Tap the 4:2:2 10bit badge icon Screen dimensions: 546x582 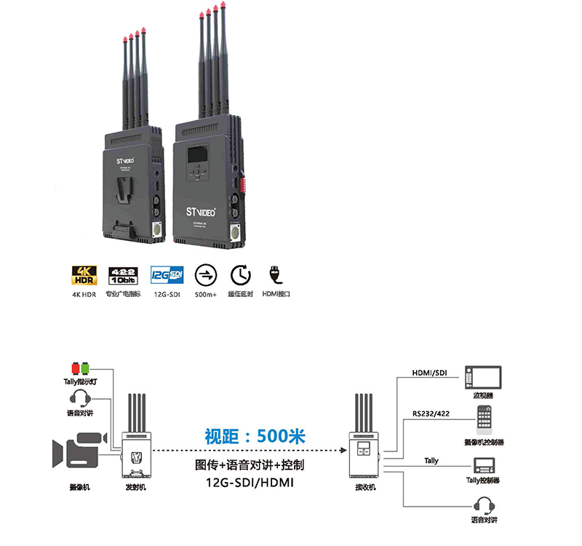pos(121,275)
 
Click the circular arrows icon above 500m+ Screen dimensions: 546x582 pos(206,275)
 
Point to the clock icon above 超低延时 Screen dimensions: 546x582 pos(240,275)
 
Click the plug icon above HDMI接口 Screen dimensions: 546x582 pos(277,275)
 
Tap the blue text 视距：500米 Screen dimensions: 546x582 pos(254,437)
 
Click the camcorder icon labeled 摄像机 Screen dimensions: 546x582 pos(76,451)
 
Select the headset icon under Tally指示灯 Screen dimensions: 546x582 pos(81,399)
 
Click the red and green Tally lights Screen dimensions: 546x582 pos(80,366)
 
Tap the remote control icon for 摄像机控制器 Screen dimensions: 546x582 pos(484,420)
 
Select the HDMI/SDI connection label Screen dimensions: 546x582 pos(430,373)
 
